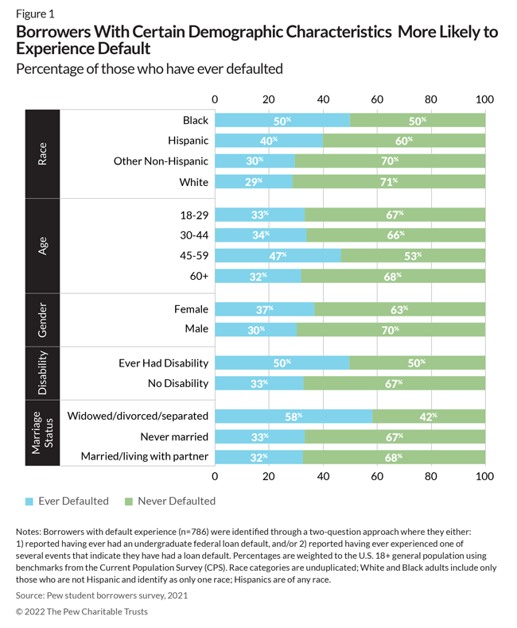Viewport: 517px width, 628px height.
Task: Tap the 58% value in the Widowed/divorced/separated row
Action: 293,416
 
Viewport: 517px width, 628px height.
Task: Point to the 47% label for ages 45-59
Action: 278,256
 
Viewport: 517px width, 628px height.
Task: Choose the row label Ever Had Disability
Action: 163,363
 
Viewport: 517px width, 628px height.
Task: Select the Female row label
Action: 190,308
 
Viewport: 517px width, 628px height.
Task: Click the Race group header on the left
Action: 42,153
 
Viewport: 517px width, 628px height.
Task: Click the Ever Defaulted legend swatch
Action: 29,502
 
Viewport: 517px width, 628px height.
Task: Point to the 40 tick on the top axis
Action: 323,99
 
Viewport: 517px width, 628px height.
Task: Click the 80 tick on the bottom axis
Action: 430,477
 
